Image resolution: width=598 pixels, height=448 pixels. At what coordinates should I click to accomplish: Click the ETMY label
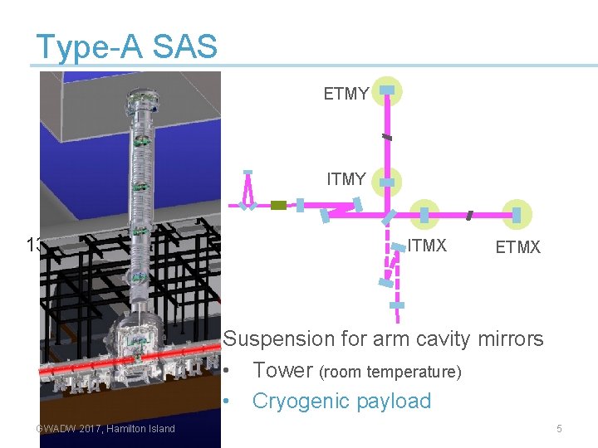(x=346, y=95)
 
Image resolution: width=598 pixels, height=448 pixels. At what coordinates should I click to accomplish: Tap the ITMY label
(x=346, y=179)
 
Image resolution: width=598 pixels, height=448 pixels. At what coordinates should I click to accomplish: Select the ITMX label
(x=427, y=246)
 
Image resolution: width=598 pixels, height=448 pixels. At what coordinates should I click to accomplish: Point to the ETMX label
(x=517, y=247)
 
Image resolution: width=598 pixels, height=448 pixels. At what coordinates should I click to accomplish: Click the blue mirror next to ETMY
(x=387, y=90)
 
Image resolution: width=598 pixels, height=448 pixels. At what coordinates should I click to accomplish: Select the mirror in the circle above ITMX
(x=424, y=215)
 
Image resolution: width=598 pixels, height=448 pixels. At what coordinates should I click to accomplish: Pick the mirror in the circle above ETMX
(x=517, y=215)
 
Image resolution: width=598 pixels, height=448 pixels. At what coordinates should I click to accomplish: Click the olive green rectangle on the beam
(x=278, y=205)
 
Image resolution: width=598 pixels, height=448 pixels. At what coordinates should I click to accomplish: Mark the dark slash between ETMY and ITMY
(x=387, y=136)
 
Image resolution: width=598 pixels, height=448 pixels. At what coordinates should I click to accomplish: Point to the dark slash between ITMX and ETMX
(x=470, y=216)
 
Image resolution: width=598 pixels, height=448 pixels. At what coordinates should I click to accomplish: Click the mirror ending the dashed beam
(x=398, y=305)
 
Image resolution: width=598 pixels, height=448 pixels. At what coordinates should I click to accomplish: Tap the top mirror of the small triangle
(x=248, y=173)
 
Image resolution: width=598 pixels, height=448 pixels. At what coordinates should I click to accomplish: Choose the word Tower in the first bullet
(x=282, y=370)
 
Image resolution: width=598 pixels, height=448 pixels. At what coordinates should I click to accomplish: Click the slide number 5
(x=559, y=429)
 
